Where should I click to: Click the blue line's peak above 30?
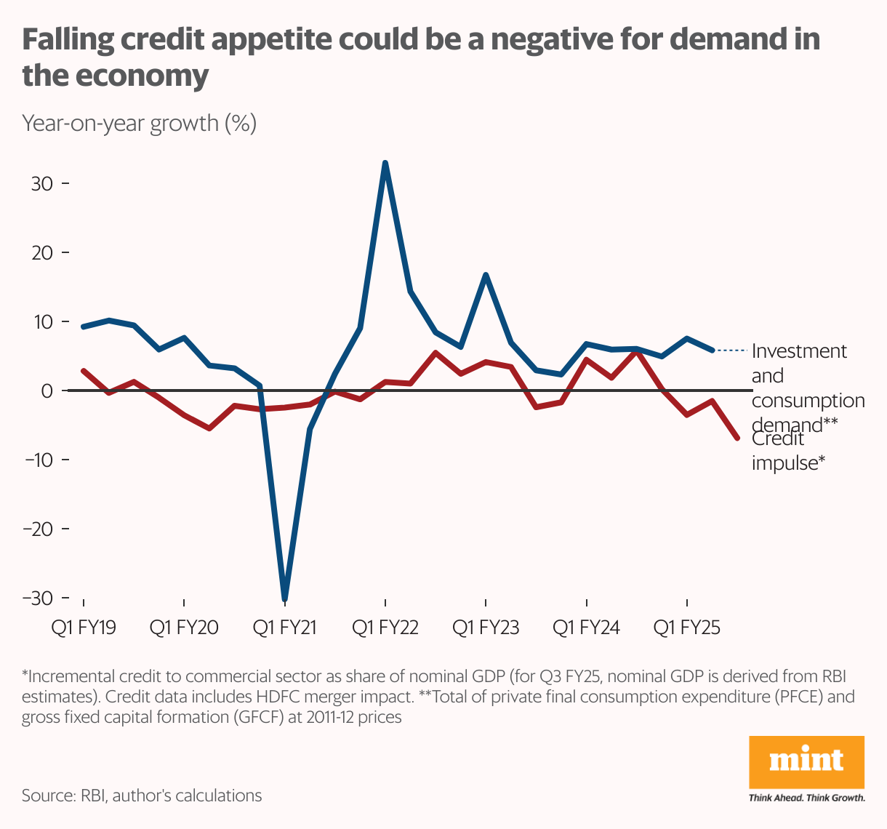coord(385,163)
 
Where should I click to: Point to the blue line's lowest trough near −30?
coord(284,599)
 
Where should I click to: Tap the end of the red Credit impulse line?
coord(737,438)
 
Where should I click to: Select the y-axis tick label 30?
coord(42,183)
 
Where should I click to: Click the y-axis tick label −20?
coord(38,529)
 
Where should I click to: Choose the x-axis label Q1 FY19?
coord(84,627)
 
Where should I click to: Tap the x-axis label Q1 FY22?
coord(385,627)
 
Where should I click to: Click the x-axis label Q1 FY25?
coord(687,627)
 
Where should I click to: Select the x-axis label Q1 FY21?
coord(284,627)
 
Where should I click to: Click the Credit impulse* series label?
coord(788,451)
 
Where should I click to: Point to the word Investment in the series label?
coord(799,351)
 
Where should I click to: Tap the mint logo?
coord(806,761)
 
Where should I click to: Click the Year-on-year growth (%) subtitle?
coord(139,123)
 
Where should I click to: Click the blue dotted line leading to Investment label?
coord(731,351)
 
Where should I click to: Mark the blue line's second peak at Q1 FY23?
coord(486,274)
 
